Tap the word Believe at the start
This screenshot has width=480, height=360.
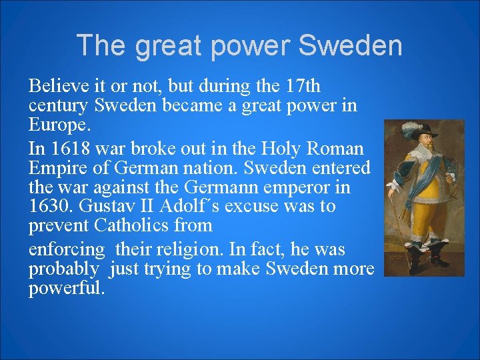(x=61, y=86)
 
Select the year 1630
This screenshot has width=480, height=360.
(x=51, y=206)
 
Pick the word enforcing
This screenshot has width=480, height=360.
(x=67, y=249)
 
